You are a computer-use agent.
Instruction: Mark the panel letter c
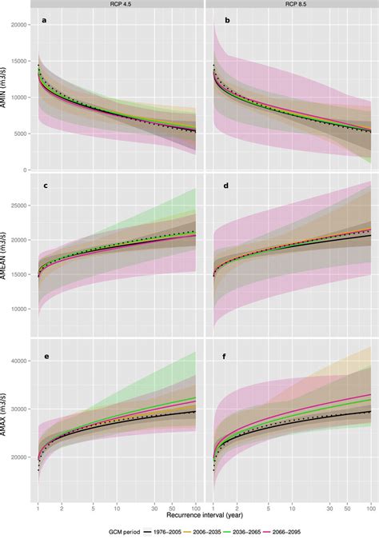pyautogui.click(x=45, y=186)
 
